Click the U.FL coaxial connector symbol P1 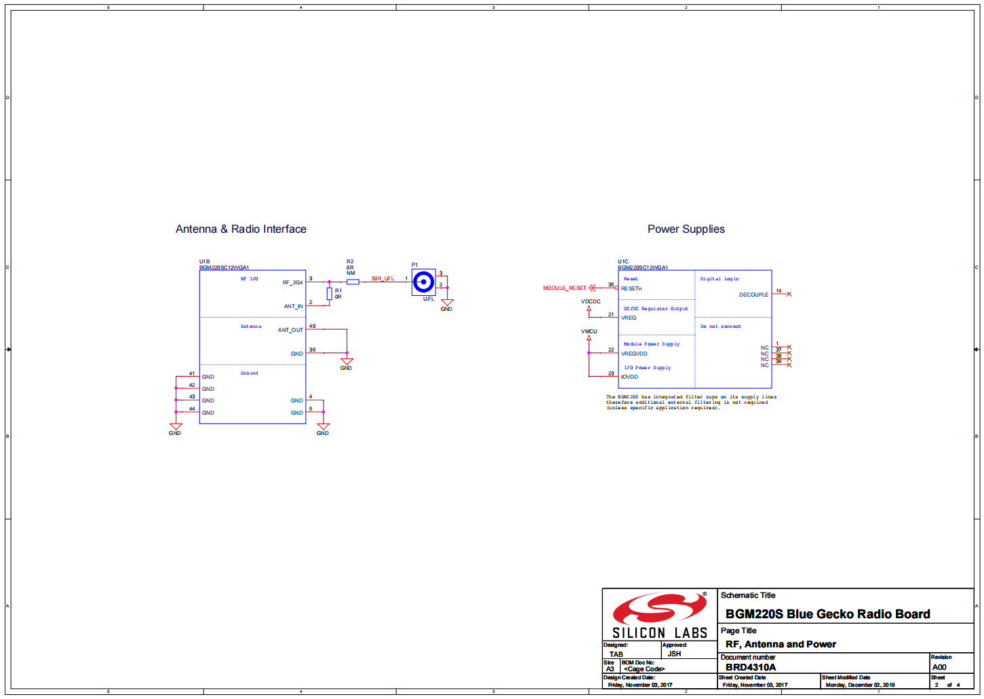pyautogui.click(x=424, y=282)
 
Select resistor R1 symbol pyautogui.click(x=330, y=293)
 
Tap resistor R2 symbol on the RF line pyautogui.click(x=353, y=282)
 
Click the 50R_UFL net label pyautogui.click(x=382, y=278)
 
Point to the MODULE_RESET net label pyautogui.click(x=564, y=288)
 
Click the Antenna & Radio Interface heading pyautogui.click(x=241, y=229)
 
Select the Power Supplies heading pyautogui.click(x=686, y=229)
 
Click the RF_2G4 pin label pyautogui.click(x=293, y=282)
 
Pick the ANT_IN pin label pyautogui.click(x=294, y=306)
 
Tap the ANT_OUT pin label pyautogui.click(x=290, y=330)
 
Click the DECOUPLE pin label pyautogui.click(x=753, y=295)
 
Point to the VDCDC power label pyautogui.click(x=591, y=301)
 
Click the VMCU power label pyautogui.click(x=589, y=331)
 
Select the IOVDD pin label pyautogui.click(x=629, y=377)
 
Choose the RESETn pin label pyautogui.click(x=631, y=288)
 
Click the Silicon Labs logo pyautogui.click(x=660, y=615)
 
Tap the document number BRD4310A pyautogui.click(x=750, y=667)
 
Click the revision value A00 pyautogui.click(x=939, y=667)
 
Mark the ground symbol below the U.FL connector pyautogui.click(x=447, y=303)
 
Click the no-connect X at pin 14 pyautogui.click(x=789, y=294)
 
